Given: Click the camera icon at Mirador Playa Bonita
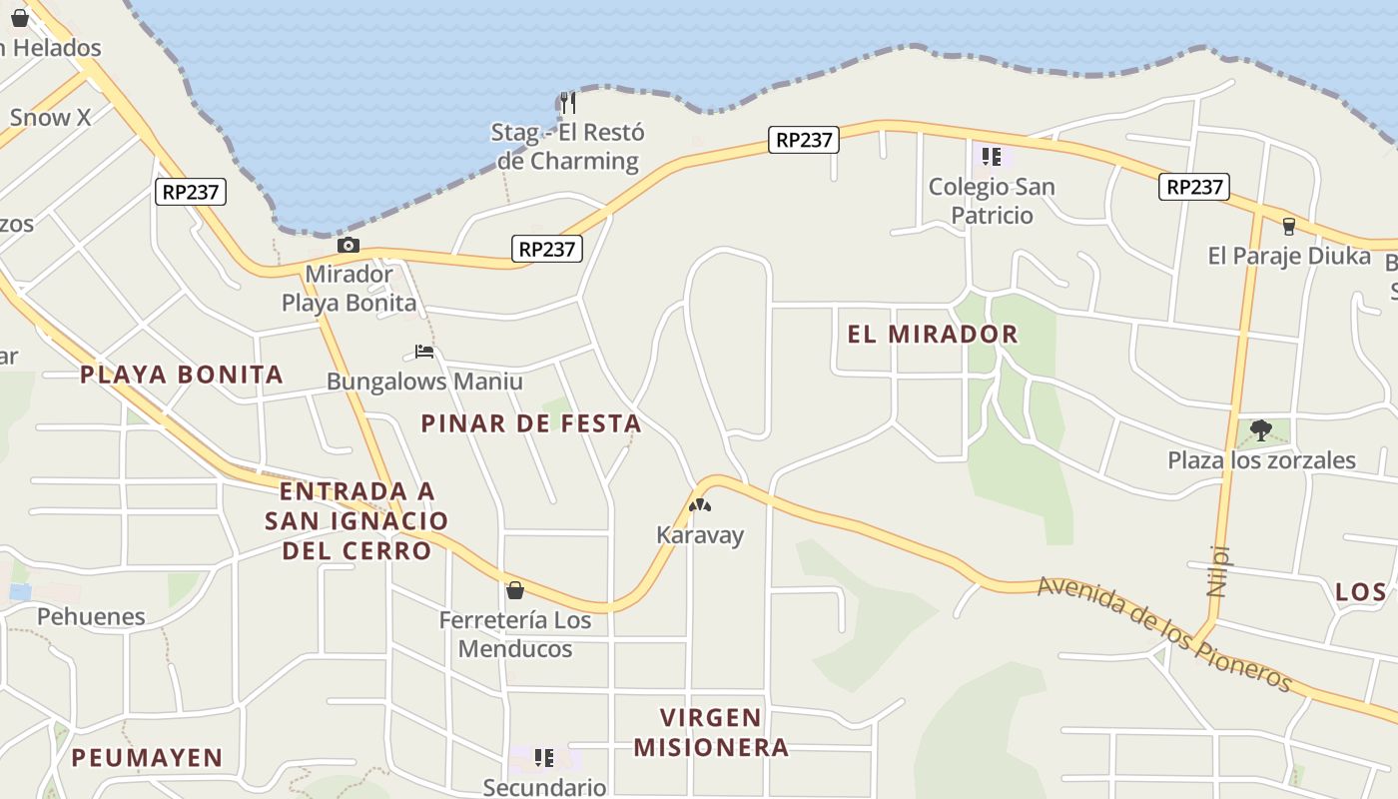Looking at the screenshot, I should (348, 246).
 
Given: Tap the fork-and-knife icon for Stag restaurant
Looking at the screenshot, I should (567, 102).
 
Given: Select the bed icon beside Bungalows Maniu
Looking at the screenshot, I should (424, 352).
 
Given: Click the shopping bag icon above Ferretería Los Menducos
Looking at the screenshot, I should (515, 590).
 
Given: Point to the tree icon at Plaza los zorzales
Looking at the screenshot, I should (1261, 430).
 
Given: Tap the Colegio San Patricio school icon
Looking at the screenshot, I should (992, 157).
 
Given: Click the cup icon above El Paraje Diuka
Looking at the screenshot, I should (1289, 227).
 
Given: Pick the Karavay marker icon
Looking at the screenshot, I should (700, 506).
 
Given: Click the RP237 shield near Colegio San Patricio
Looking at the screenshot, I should (804, 140).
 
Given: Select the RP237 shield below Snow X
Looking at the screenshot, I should (191, 192).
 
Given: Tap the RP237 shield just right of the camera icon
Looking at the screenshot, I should (547, 249).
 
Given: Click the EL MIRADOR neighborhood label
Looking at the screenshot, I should (933, 335).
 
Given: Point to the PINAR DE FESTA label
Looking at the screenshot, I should (530, 423).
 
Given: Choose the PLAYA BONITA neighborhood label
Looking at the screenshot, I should (182, 375).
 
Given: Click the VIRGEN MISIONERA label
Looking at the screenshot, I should (711, 732).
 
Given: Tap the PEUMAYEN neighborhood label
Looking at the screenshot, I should (147, 757).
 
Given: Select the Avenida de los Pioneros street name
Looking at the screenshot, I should (1165, 633).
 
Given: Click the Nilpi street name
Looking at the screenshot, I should (1217, 570).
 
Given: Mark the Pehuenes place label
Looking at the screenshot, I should (91, 616).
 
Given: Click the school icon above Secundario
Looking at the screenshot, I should (544, 758).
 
